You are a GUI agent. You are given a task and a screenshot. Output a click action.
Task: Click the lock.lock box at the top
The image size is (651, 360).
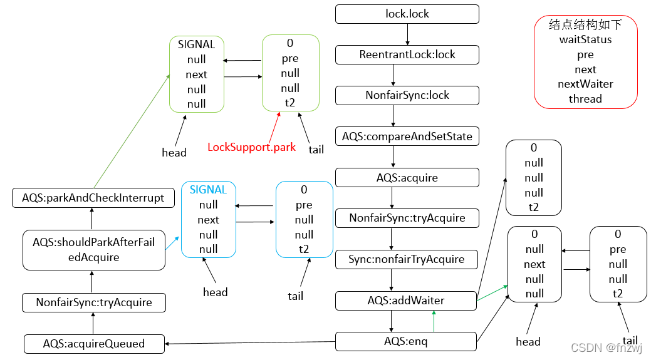tap(407, 14)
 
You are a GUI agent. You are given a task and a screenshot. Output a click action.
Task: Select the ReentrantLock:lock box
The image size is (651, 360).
tap(407, 54)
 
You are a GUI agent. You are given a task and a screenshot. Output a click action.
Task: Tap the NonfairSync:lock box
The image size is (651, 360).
tap(407, 95)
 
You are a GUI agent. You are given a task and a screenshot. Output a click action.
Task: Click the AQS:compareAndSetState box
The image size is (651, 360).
tap(407, 136)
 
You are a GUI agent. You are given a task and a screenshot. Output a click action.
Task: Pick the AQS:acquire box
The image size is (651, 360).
tap(407, 177)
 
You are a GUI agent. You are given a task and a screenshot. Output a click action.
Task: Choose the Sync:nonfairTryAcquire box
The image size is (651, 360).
tap(407, 259)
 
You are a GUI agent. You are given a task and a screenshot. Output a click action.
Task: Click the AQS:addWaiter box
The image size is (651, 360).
tap(407, 301)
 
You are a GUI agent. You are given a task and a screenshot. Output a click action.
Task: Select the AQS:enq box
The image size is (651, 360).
tap(407, 341)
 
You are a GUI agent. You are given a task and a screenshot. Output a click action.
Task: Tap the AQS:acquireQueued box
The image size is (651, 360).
tap(94, 343)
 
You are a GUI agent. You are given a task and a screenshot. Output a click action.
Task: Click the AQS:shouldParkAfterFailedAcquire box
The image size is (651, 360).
tap(94, 250)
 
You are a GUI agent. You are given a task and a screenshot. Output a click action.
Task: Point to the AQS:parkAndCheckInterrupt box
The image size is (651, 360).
tap(93, 198)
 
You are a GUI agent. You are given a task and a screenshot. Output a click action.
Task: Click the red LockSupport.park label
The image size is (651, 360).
tap(251, 148)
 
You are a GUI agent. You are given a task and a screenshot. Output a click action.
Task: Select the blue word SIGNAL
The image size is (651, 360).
tap(208, 190)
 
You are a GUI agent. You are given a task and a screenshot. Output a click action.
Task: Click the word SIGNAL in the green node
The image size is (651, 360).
tap(196, 44)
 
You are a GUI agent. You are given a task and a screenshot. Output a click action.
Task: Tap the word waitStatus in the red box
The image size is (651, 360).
tap(585, 39)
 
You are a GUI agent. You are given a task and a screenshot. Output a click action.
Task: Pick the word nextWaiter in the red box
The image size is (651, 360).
tap(585, 84)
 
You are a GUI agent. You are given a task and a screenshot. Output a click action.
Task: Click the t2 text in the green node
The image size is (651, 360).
tap(290, 103)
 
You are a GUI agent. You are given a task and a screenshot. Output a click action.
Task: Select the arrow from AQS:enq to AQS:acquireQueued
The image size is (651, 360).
tap(251, 342)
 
